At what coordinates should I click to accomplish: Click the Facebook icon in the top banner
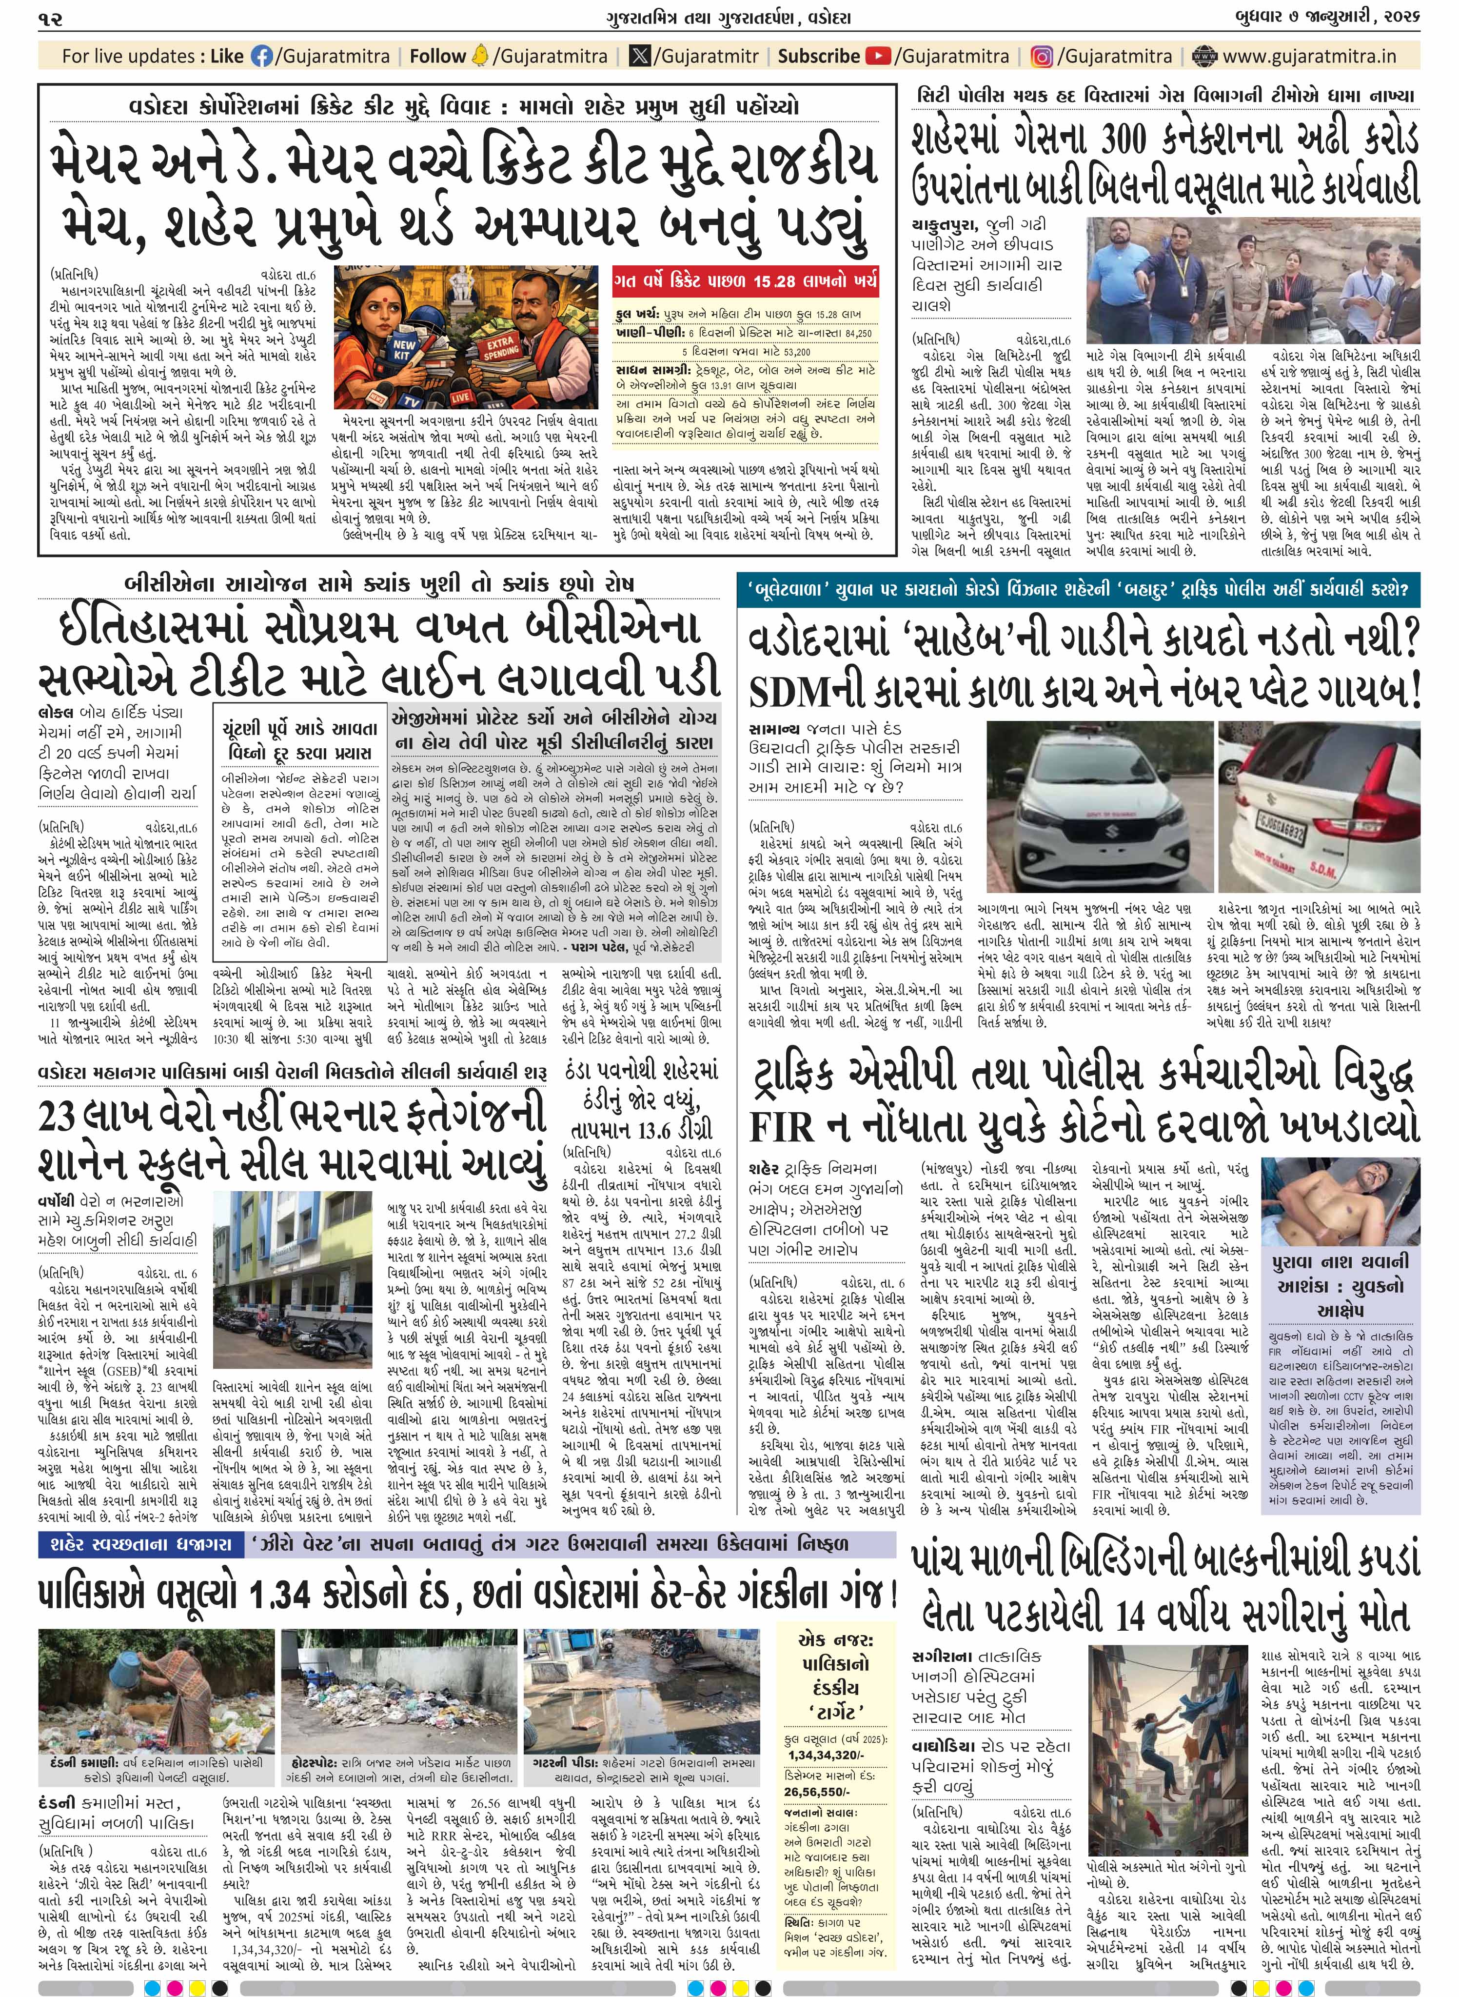[x=262, y=57]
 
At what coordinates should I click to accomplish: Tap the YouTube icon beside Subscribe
[x=878, y=57]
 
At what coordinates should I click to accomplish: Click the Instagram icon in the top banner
[x=1042, y=57]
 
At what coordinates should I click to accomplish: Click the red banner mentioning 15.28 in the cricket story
[x=746, y=282]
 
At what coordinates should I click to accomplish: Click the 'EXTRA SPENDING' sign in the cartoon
[x=501, y=346]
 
